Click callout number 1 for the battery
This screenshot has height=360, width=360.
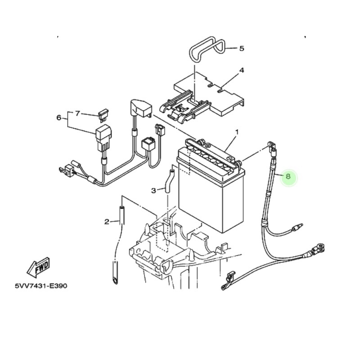click(237, 132)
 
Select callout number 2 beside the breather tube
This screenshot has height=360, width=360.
click(107, 221)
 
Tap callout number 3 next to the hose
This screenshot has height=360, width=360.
click(153, 190)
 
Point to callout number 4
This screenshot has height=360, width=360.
click(242, 70)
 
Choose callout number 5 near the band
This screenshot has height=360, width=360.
click(242, 49)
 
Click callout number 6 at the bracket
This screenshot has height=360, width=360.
click(59, 118)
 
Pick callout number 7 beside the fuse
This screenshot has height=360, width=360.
click(77, 113)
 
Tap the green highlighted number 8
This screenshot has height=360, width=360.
click(288, 176)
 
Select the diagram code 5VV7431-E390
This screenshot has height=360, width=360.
click(41, 286)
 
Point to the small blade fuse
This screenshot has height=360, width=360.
click(103, 115)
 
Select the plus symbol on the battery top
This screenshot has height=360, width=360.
click(208, 145)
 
